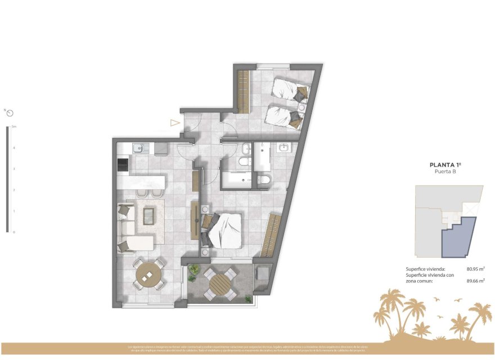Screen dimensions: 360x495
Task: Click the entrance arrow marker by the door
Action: (175, 123)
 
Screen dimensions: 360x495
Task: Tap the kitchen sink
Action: (138, 148)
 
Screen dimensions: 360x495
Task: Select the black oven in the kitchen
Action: (122, 164)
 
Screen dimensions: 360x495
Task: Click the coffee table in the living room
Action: (149, 215)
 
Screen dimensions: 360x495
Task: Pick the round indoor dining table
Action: (148, 276)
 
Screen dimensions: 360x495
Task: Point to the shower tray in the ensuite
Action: (262, 157)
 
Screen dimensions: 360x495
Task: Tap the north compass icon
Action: (10, 112)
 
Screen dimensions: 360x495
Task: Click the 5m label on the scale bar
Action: (14, 127)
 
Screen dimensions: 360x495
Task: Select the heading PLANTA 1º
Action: (445, 165)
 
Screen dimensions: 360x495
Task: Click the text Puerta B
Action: (445, 172)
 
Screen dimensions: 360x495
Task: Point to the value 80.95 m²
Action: (475, 269)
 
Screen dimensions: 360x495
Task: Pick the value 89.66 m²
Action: (475, 280)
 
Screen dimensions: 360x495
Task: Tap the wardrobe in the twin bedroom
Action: (243, 91)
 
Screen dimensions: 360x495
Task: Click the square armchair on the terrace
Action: (261, 276)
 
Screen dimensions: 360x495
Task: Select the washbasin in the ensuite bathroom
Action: (283, 148)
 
